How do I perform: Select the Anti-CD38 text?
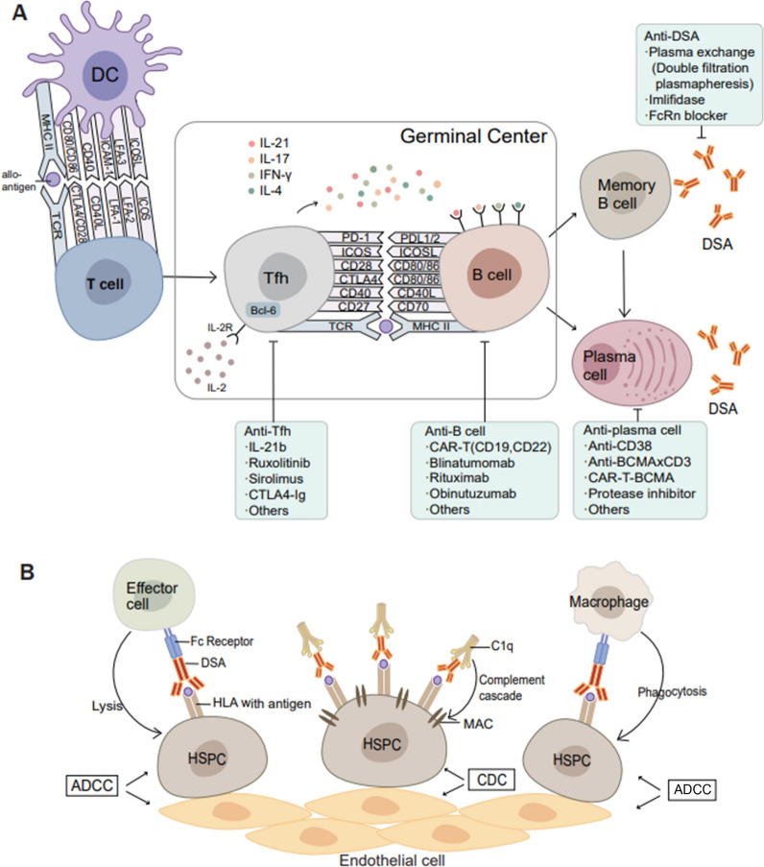tap(624, 446)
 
